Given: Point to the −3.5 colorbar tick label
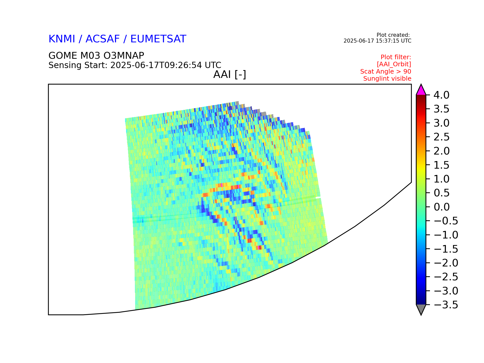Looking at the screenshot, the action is point(446,305).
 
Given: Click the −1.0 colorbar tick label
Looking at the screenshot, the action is point(446,235).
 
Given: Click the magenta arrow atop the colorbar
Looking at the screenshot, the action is point(421,90).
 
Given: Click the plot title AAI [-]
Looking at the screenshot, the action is point(230,75).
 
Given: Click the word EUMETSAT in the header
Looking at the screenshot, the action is point(158,39).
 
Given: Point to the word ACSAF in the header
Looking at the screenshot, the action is point(103,39).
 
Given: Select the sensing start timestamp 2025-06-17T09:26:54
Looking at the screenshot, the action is point(156,65).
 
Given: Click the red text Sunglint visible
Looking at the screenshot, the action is point(387,79).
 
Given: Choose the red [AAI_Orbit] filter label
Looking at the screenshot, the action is point(394,64).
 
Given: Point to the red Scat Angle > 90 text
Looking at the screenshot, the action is point(386,72).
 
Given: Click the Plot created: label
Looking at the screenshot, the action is point(393,35).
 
